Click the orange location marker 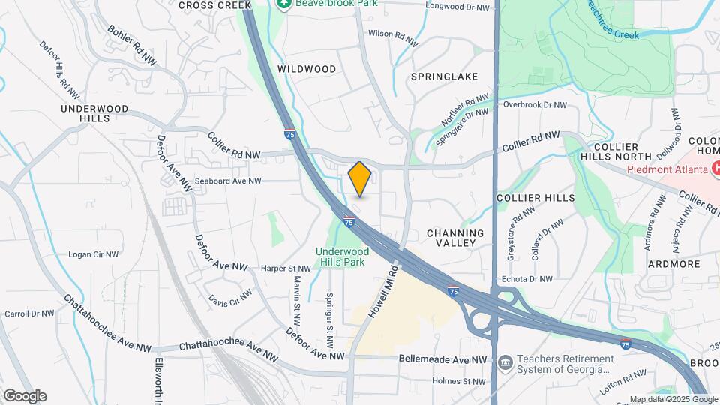click(360, 179)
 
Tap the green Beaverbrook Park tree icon click(283, 4)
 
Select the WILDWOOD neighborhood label click(307, 69)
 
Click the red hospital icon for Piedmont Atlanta click(716, 169)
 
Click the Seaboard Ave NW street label click(228, 181)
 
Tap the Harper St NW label click(286, 268)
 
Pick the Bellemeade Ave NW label click(444, 360)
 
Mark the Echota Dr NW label click(529, 279)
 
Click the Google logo click(25, 395)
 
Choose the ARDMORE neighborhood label click(673, 264)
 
